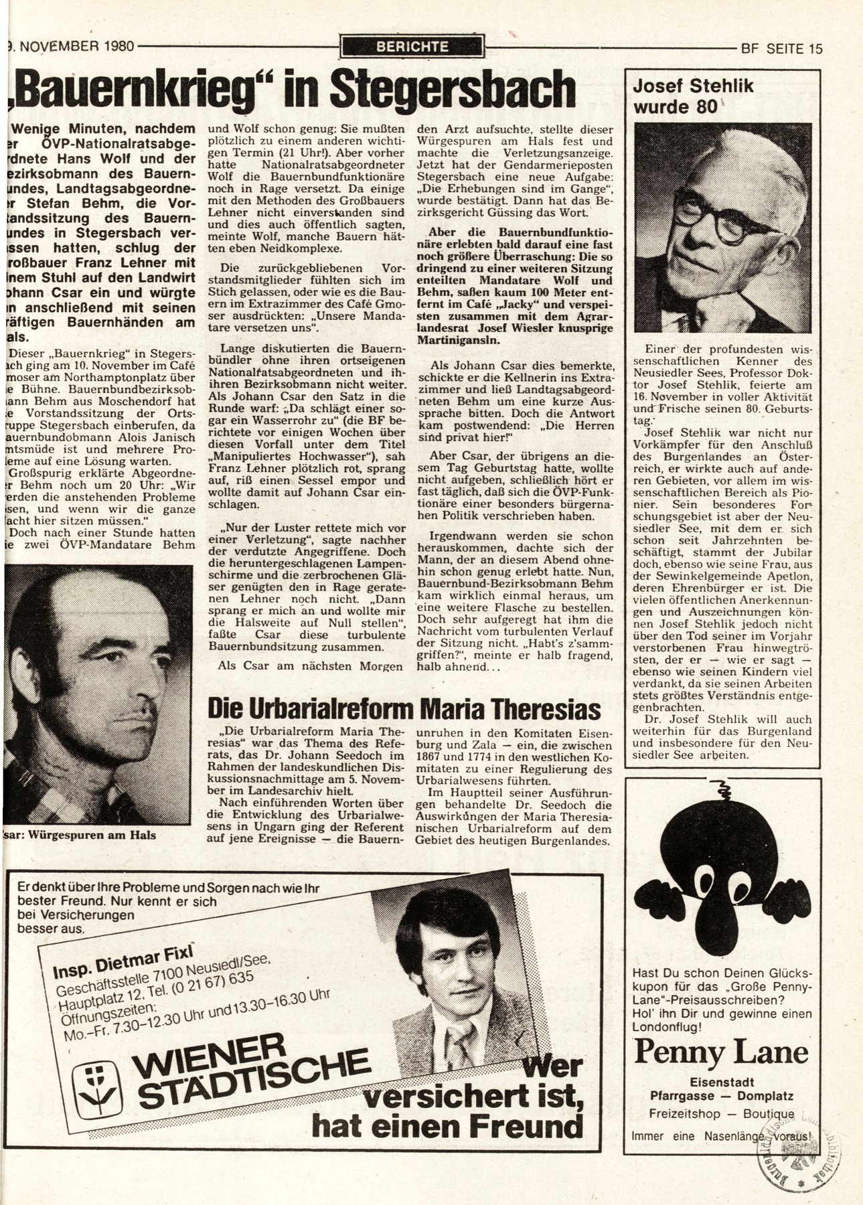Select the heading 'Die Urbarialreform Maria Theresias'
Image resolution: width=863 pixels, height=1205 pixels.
[403, 710]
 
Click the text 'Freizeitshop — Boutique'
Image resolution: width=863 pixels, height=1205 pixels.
[721, 1114]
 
